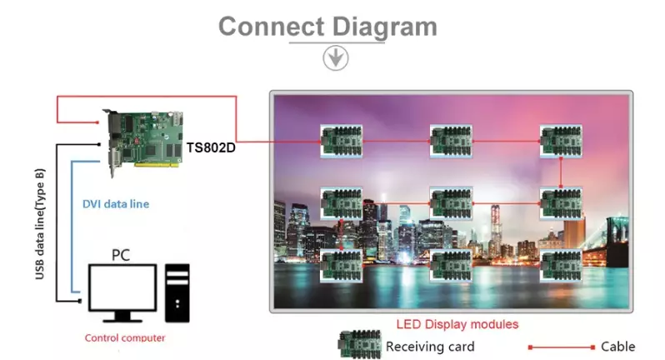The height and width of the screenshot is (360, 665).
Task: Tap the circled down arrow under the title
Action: pyautogui.click(x=335, y=57)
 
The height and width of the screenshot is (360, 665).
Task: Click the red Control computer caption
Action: pyautogui.click(x=125, y=337)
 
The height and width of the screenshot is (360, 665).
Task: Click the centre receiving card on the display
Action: pyautogui.click(x=452, y=202)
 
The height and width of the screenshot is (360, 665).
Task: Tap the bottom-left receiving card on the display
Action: pyautogui.click(x=342, y=265)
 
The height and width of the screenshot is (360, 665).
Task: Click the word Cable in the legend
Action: pyautogui.click(x=617, y=346)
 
